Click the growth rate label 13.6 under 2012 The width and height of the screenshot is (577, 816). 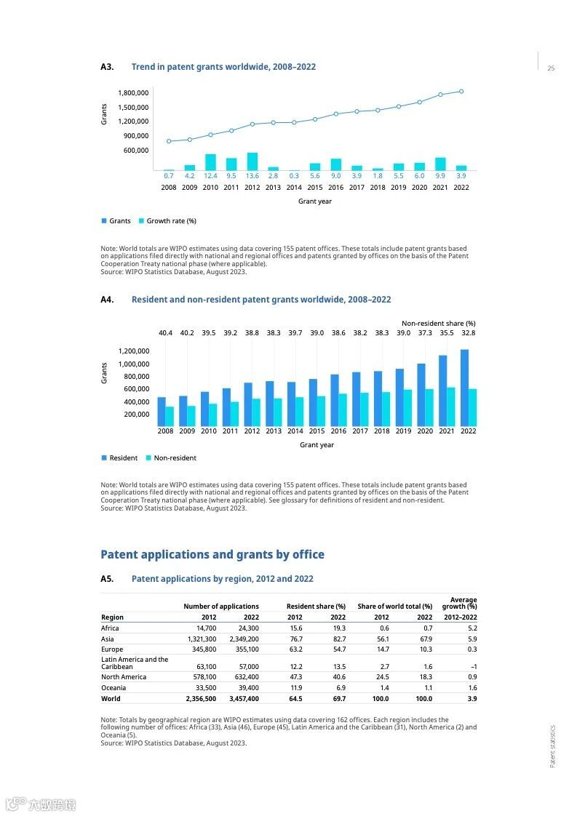pyautogui.click(x=252, y=176)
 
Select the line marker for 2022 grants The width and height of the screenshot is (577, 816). pyautogui.click(x=461, y=92)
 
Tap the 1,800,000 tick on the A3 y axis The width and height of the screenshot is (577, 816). pyautogui.click(x=133, y=93)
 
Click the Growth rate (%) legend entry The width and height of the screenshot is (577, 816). pyautogui.click(x=171, y=221)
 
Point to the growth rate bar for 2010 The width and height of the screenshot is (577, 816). pyautogui.click(x=210, y=162)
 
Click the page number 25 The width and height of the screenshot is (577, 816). pyautogui.click(x=551, y=68)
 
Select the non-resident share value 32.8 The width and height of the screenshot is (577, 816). pyautogui.click(x=468, y=333)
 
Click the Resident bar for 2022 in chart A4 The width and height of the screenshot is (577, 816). pyautogui.click(x=464, y=388)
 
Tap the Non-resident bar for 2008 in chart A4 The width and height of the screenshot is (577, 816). pyautogui.click(x=170, y=416)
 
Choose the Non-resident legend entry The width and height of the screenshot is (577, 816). pyautogui.click(x=175, y=458)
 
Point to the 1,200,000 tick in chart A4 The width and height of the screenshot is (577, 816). pyautogui.click(x=133, y=351)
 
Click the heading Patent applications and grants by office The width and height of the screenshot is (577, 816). pyautogui.click(x=212, y=555)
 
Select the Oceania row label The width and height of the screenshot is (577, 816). pyautogui.click(x=114, y=687)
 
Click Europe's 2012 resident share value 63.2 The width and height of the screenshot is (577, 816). pyautogui.click(x=295, y=649)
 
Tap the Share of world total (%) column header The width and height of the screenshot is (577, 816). pyautogui.click(x=395, y=607)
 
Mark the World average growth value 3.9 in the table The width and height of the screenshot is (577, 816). pyautogui.click(x=472, y=698)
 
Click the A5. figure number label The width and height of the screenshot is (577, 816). pyautogui.click(x=107, y=579)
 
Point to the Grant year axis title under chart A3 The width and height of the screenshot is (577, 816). pyautogui.click(x=315, y=201)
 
